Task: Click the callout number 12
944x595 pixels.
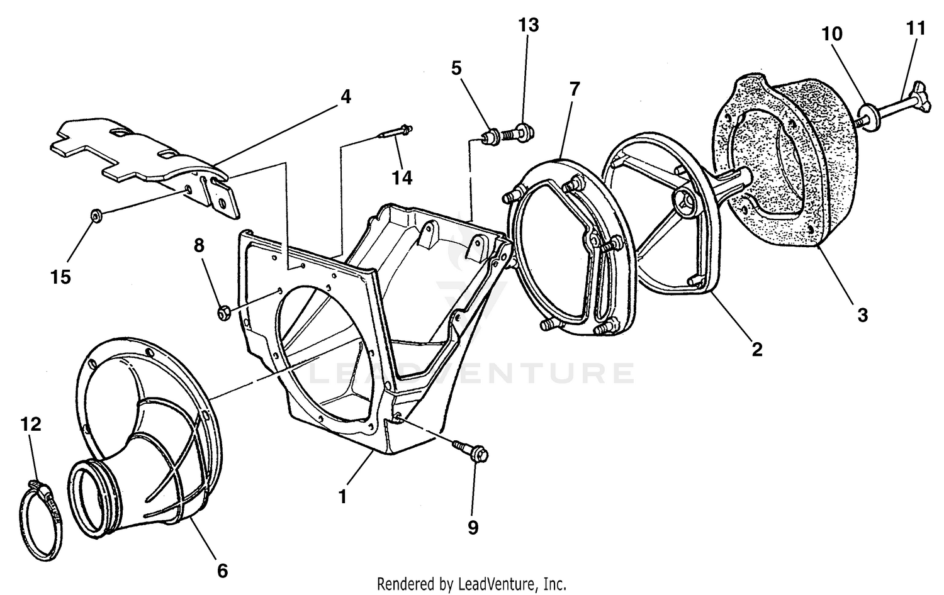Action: (30, 425)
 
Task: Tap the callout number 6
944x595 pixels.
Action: (222, 570)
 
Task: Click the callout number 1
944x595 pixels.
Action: (342, 497)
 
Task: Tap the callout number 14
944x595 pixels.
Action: (402, 178)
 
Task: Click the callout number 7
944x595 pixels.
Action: (573, 89)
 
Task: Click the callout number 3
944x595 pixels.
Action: (862, 314)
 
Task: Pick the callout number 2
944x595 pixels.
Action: (756, 349)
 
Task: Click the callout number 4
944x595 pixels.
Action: (346, 97)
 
